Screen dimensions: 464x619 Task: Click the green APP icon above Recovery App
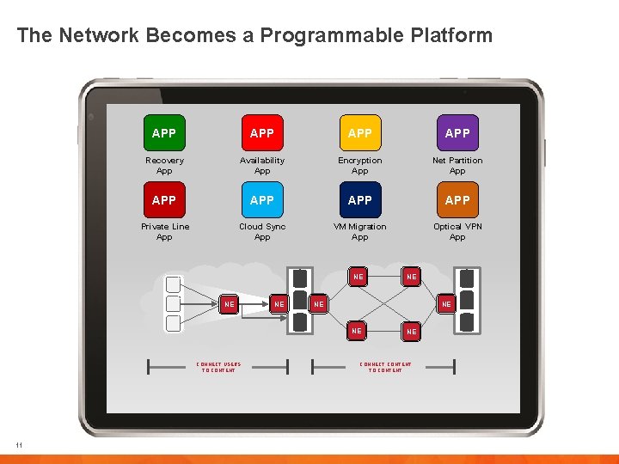[163, 133]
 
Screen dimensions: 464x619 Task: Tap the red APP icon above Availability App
[261, 133]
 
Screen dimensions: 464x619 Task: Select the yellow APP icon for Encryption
[359, 133]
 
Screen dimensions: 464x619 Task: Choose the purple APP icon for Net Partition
[457, 133]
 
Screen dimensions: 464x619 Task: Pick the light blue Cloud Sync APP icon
[261, 199]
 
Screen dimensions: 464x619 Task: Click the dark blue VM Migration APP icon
[359, 199]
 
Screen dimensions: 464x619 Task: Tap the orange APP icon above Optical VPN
[457, 199]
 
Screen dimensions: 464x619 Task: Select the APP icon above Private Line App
[163, 199]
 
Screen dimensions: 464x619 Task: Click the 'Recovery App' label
[164, 166]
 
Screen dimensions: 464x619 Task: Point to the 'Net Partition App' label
[457, 166]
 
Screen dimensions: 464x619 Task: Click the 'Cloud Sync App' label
[262, 232]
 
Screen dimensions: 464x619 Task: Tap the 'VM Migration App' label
[360, 232]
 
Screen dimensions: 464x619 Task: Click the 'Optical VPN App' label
[457, 232]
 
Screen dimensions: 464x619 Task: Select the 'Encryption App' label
[360, 166]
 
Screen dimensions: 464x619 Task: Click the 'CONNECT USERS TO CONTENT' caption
[218, 367]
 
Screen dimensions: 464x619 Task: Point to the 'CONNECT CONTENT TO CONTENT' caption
[385, 367]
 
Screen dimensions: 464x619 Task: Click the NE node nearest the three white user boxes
[230, 304]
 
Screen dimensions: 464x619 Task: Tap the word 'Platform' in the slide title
[455, 35]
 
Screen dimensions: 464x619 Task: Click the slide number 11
[18, 444]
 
